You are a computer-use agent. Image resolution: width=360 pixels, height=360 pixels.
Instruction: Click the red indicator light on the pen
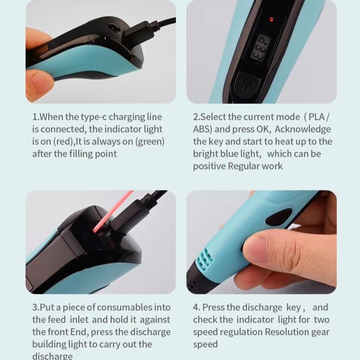(272, 19)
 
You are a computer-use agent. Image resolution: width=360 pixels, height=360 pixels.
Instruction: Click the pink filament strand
(113, 211)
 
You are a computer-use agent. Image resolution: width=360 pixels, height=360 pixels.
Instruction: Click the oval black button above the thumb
(278, 217)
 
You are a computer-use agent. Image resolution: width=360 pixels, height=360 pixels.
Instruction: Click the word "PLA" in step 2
(316, 117)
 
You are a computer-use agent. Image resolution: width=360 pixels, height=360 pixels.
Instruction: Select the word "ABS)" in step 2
(202, 129)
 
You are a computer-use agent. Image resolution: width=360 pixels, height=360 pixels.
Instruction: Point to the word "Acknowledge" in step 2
(303, 129)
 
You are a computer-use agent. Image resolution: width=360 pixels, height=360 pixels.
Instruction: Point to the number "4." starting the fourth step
(196, 308)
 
